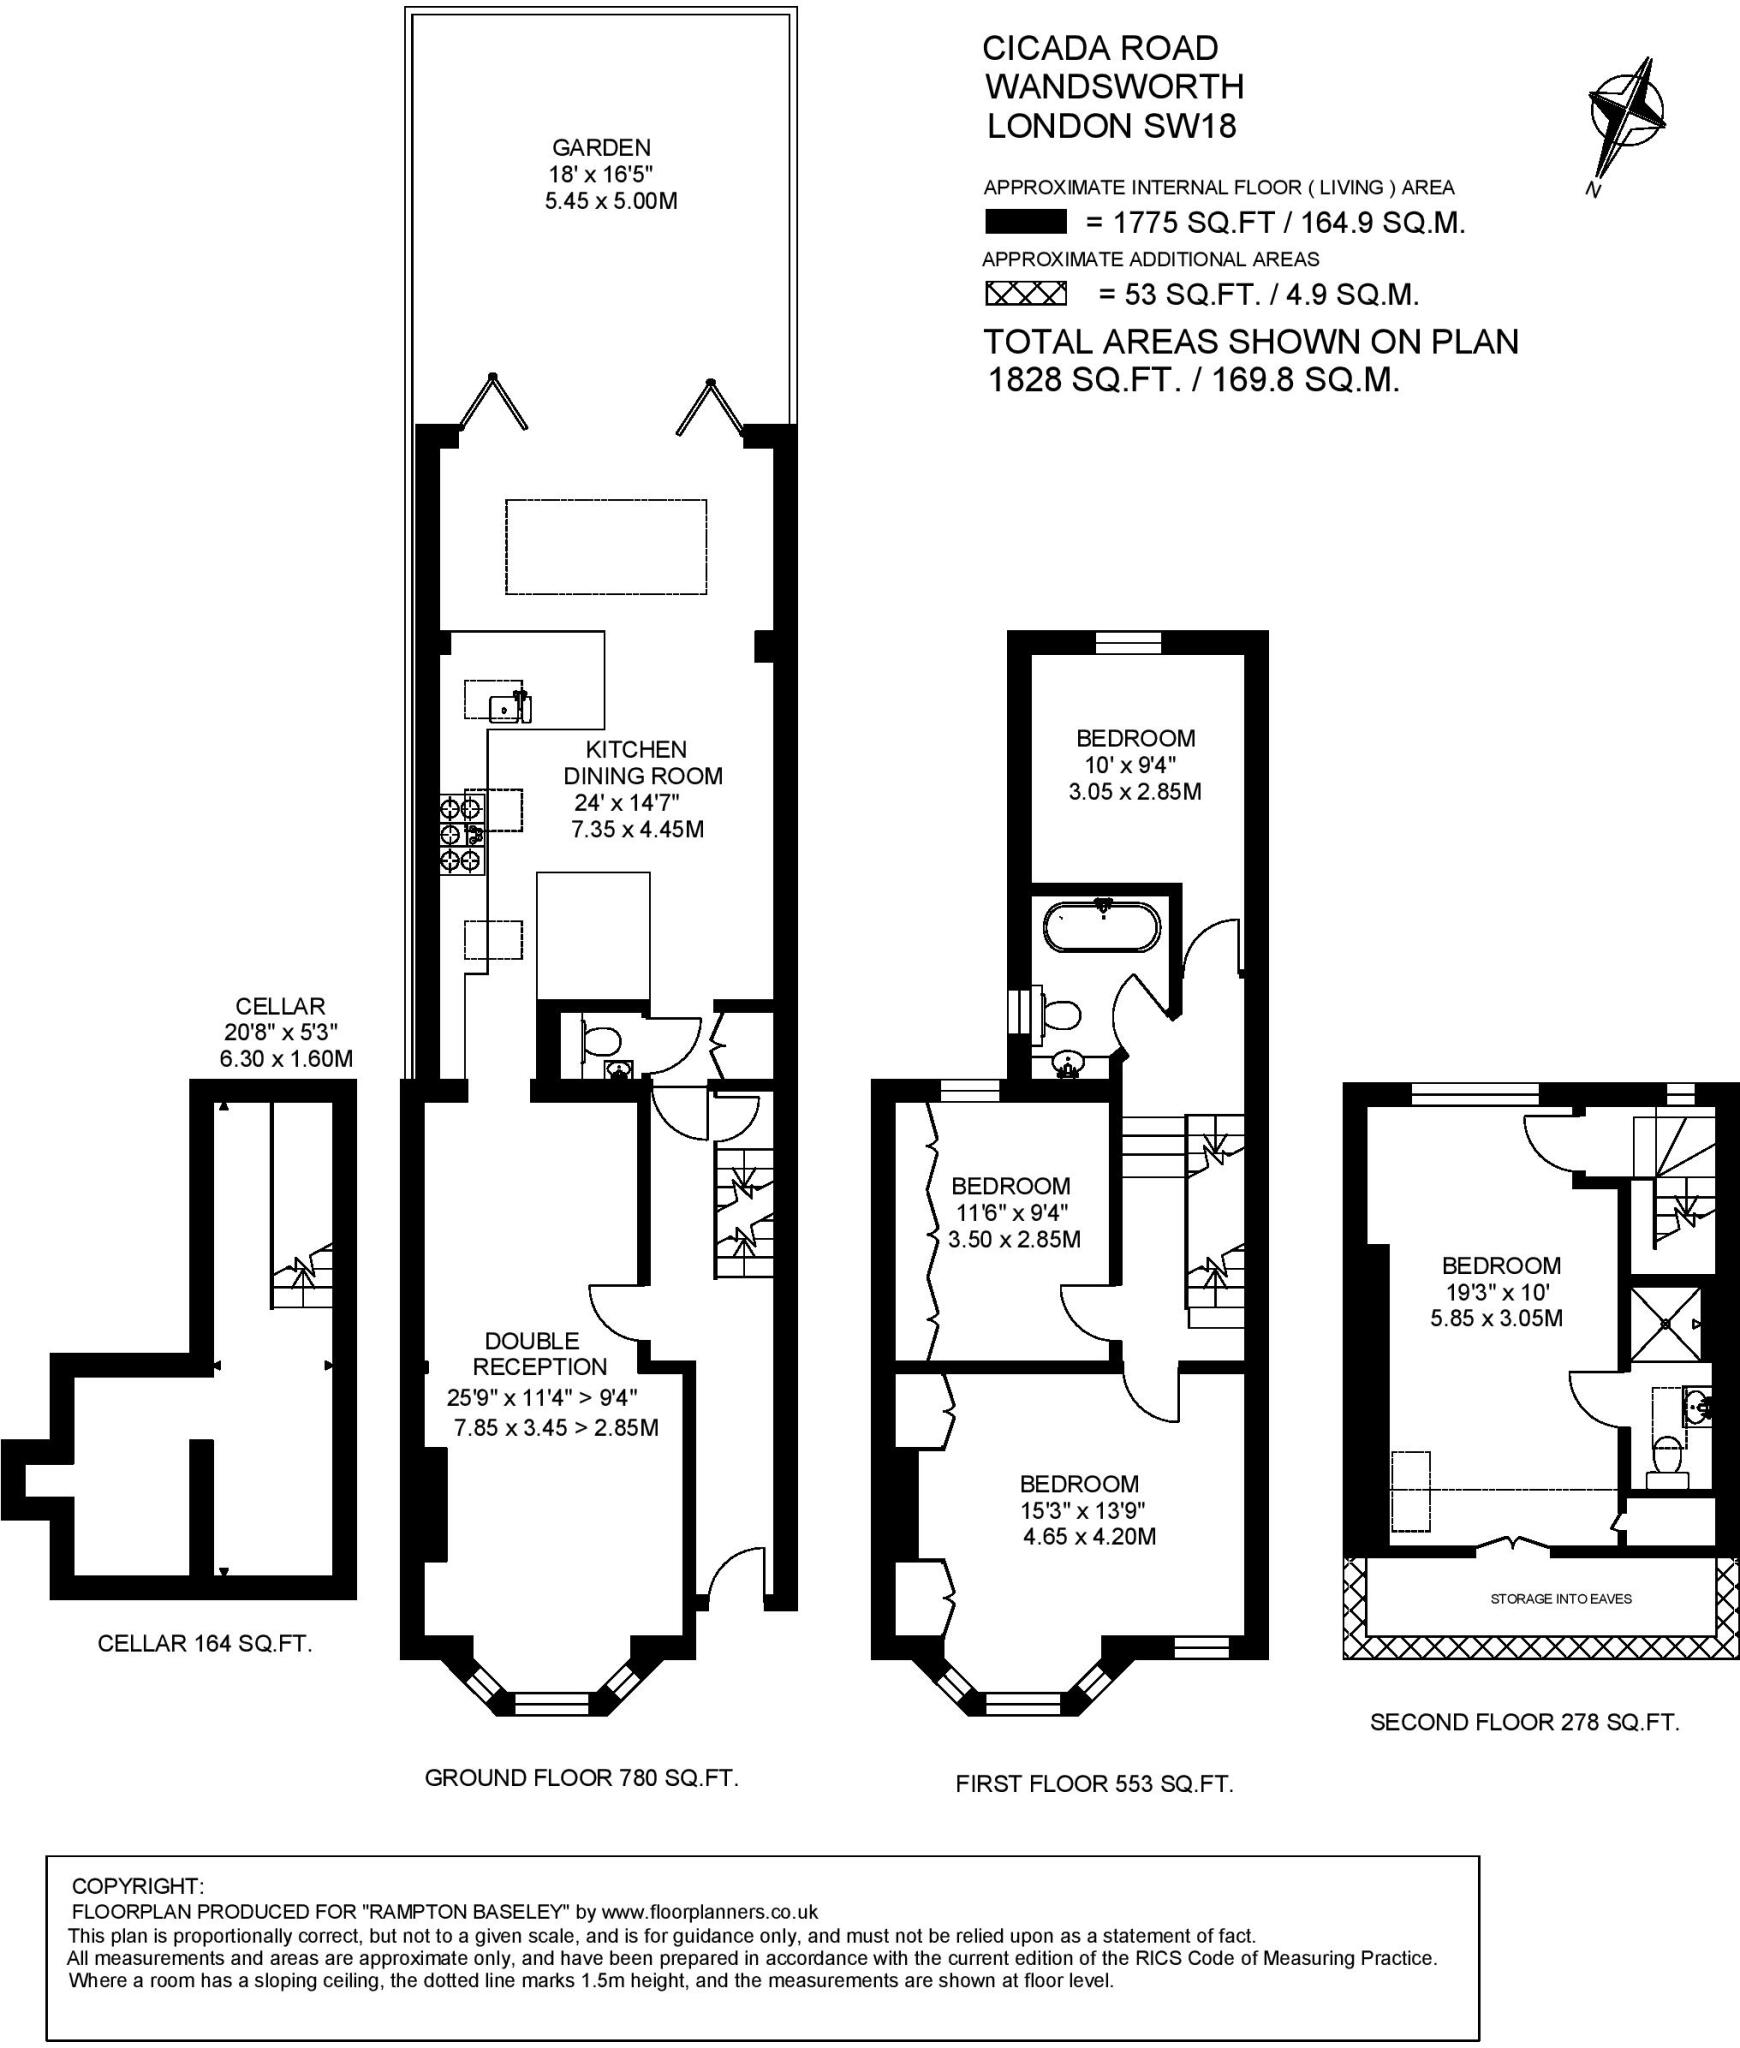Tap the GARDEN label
point(601,147)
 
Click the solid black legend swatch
point(1025,222)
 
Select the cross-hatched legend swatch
point(1026,294)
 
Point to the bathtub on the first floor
point(1102,926)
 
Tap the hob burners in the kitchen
point(463,833)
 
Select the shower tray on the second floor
point(1665,1324)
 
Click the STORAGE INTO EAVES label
point(1561,1598)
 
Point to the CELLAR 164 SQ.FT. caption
point(205,1643)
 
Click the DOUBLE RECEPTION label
point(539,1353)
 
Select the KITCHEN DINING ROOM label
point(643,762)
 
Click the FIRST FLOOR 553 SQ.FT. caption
point(1094,1784)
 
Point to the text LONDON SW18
point(1112,126)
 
